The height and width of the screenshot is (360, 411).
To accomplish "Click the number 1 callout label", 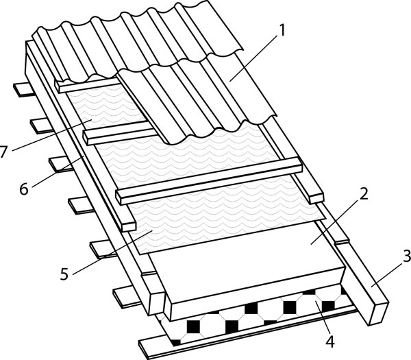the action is (281, 30).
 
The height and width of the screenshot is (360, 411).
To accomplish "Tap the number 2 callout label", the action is (364, 194).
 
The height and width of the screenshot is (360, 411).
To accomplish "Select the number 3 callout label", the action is (407, 256).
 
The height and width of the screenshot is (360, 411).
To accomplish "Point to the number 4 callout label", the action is (330, 341).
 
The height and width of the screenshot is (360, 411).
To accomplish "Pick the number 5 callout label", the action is (64, 274).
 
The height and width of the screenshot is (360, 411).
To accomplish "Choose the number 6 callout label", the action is (24, 189).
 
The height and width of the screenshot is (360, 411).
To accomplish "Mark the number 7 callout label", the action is (3, 152).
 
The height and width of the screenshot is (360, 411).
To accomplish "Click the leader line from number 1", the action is (253, 58).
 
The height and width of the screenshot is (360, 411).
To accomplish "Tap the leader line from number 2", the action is (334, 221).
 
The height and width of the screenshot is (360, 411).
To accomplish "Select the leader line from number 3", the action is (386, 274).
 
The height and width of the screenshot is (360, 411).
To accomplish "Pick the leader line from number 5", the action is (113, 252).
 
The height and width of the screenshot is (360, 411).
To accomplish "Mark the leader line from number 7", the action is (51, 135).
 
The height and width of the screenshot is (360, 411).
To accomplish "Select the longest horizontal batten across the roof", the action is (210, 180).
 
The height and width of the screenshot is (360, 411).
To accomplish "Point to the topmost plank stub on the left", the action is (23, 89).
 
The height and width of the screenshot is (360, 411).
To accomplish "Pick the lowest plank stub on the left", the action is (127, 297).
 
